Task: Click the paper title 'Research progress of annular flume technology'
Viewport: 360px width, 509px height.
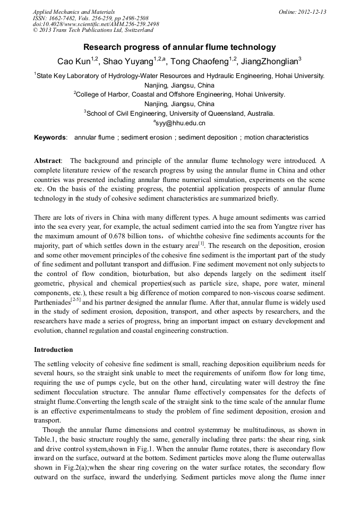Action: click(179, 47)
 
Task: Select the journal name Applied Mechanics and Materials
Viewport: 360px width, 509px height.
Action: click(74, 12)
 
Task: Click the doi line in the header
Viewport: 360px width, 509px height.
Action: click(96, 24)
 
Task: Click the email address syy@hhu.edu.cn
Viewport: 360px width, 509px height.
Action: click(181, 123)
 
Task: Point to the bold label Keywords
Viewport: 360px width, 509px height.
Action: click(50, 137)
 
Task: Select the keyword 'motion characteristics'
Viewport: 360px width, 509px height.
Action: click(276, 137)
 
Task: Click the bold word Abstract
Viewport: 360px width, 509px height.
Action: click(48, 161)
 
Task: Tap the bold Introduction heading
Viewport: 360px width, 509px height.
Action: click(53, 350)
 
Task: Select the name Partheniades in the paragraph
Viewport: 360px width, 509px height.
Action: click(52, 303)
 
